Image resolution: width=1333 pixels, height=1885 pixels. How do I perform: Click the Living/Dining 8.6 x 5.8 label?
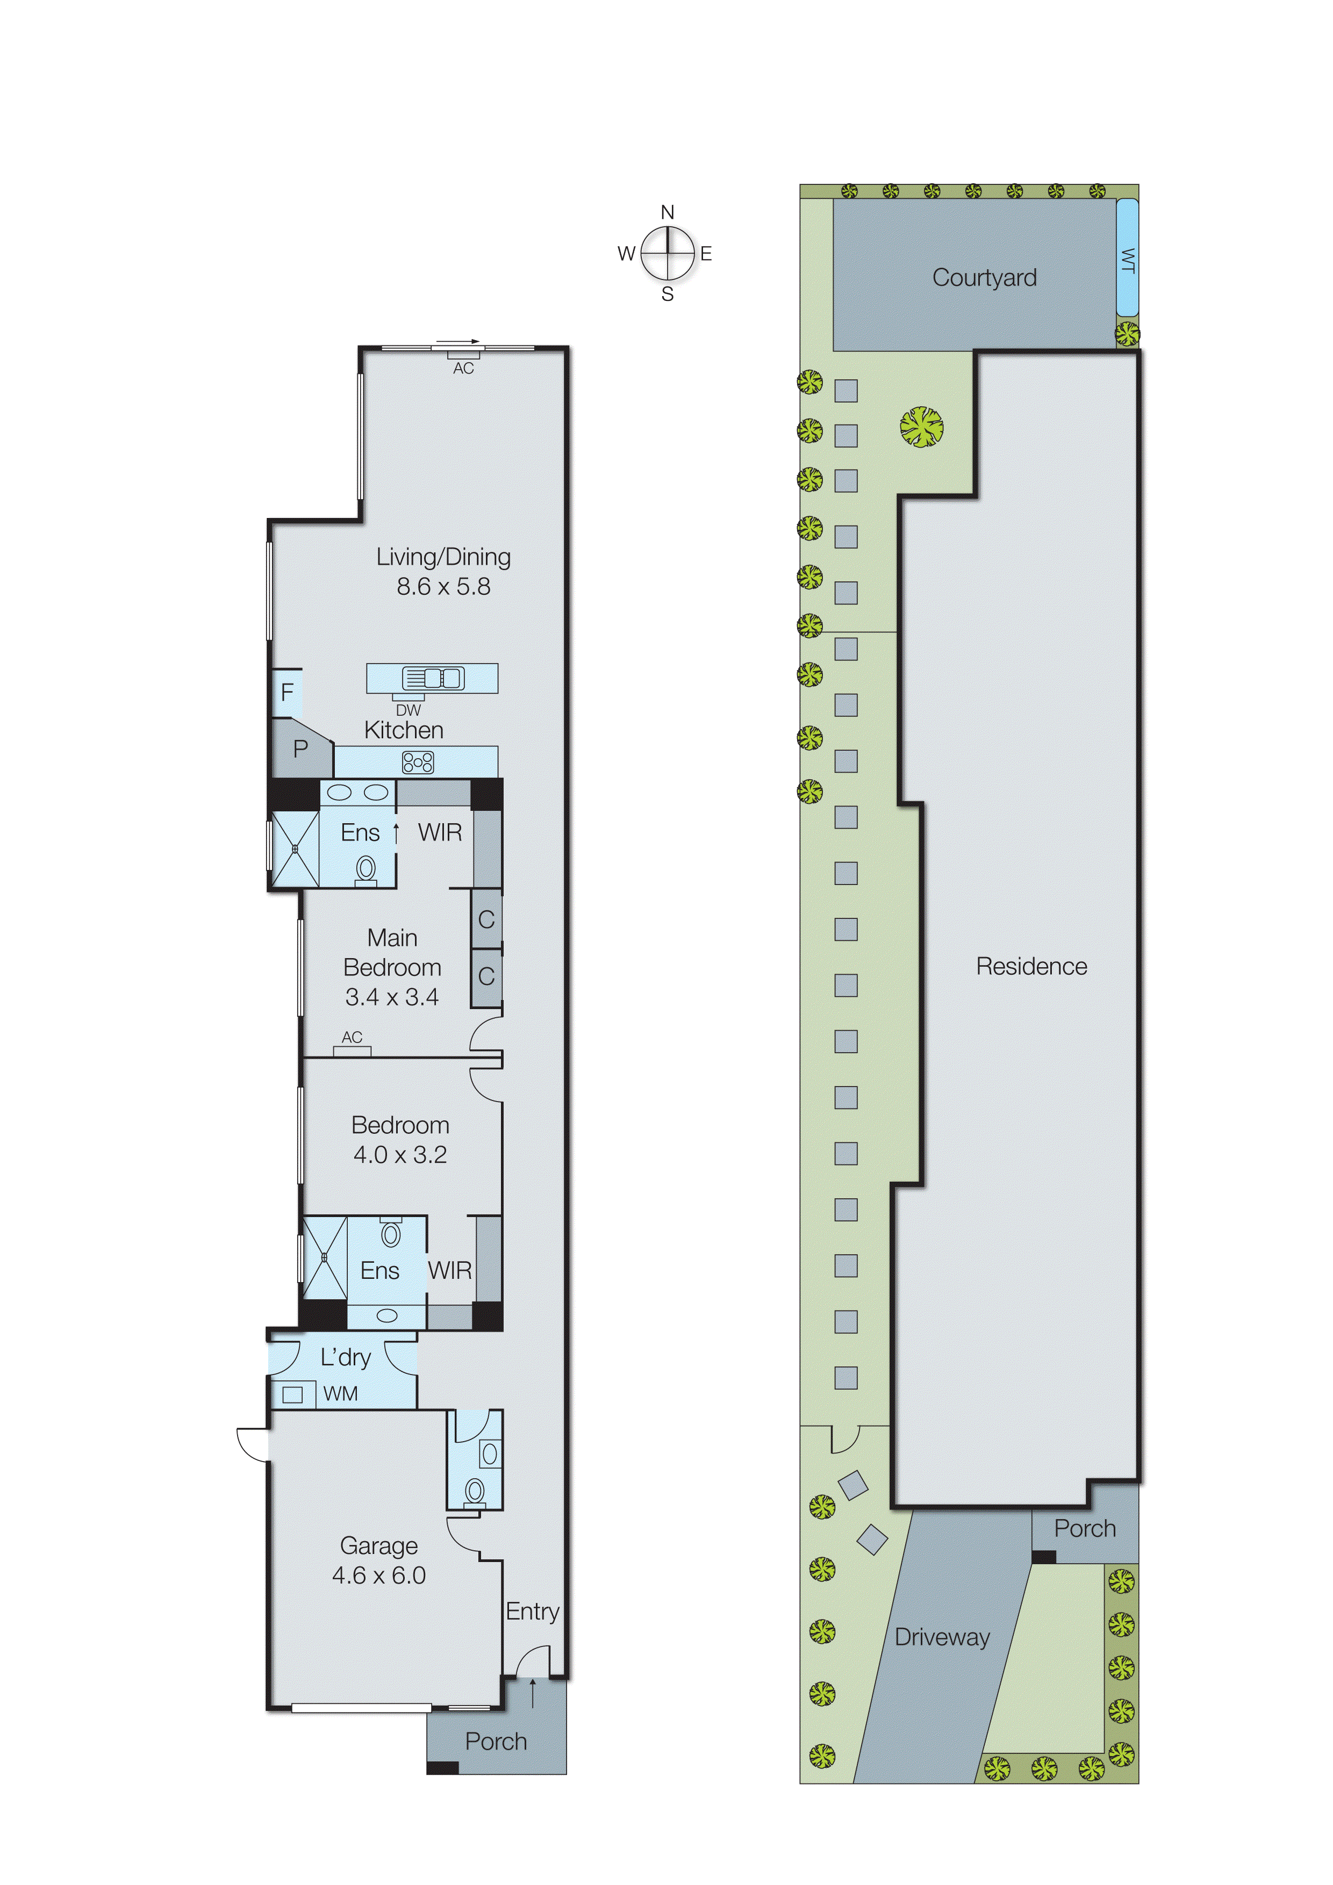tap(443, 571)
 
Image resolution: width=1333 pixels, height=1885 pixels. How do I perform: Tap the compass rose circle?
tap(668, 253)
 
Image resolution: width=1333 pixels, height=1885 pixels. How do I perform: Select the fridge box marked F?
tap(286, 692)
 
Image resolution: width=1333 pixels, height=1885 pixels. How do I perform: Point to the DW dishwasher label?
tap(408, 710)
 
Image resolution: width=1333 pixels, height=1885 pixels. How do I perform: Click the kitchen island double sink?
tap(433, 678)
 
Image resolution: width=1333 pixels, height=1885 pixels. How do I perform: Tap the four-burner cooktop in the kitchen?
tap(417, 762)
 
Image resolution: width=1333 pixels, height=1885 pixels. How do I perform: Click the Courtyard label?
tap(984, 277)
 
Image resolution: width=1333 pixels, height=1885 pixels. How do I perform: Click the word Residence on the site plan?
tap(1031, 966)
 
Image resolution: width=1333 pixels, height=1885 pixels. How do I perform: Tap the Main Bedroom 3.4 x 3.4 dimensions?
tap(392, 997)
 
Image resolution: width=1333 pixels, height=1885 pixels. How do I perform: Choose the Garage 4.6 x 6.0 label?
tap(378, 1560)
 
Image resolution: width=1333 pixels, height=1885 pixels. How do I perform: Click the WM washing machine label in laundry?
tap(340, 1393)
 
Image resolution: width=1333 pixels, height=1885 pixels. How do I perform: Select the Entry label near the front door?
tap(532, 1611)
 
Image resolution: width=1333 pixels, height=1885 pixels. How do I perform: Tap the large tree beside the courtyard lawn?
tap(921, 426)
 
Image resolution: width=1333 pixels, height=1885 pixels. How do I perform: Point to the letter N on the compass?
tap(667, 213)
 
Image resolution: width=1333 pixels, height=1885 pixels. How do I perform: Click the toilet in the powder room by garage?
tap(474, 1490)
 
